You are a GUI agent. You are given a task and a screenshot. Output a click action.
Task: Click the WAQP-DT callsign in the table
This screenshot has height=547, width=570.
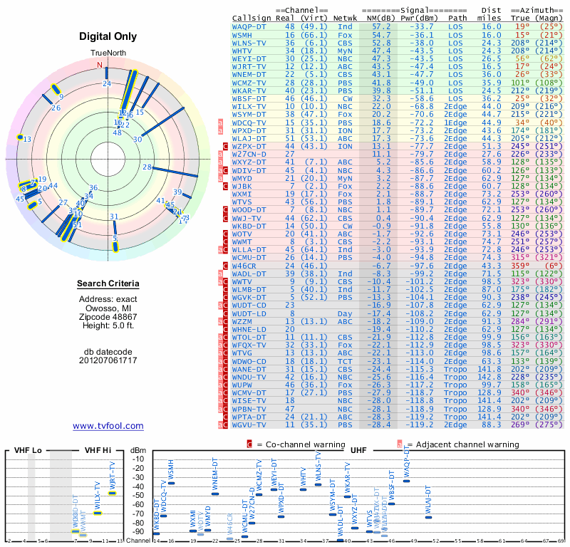tap(249, 26)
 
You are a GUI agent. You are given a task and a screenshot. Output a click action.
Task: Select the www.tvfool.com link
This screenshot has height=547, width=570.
tap(108, 426)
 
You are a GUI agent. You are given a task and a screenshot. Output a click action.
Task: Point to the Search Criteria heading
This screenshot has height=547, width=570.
tap(108, 284)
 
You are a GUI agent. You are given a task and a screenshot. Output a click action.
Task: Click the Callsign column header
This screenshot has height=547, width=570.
tap(252, 19)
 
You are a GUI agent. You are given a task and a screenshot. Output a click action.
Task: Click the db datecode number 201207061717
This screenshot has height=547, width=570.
tap(108, 360)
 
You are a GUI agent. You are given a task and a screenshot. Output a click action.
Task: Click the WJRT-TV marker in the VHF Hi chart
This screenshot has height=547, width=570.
tap(112, 493)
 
